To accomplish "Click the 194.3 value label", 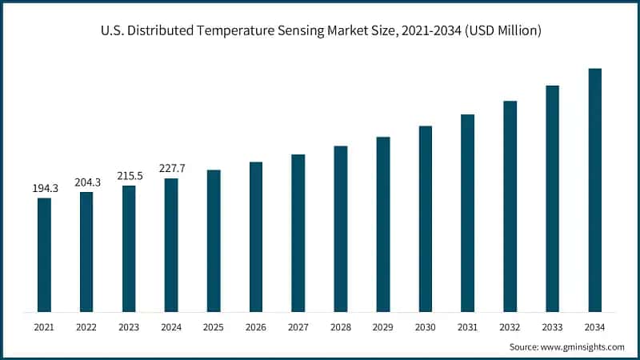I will coord(44,188).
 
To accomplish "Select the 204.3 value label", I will coord(86,182).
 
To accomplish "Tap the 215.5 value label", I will coord(129,175).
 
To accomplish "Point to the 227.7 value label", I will coord(171,168).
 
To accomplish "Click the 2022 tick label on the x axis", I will coord(86,326).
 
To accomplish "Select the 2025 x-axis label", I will coord(214,326).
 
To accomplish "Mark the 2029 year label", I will coord(383,326).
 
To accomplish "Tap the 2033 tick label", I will coord(553,326).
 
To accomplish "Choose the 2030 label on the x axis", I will coord(426,326).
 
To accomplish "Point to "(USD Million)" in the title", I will coord(501,30).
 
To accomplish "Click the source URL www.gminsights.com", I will coord(582,347).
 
